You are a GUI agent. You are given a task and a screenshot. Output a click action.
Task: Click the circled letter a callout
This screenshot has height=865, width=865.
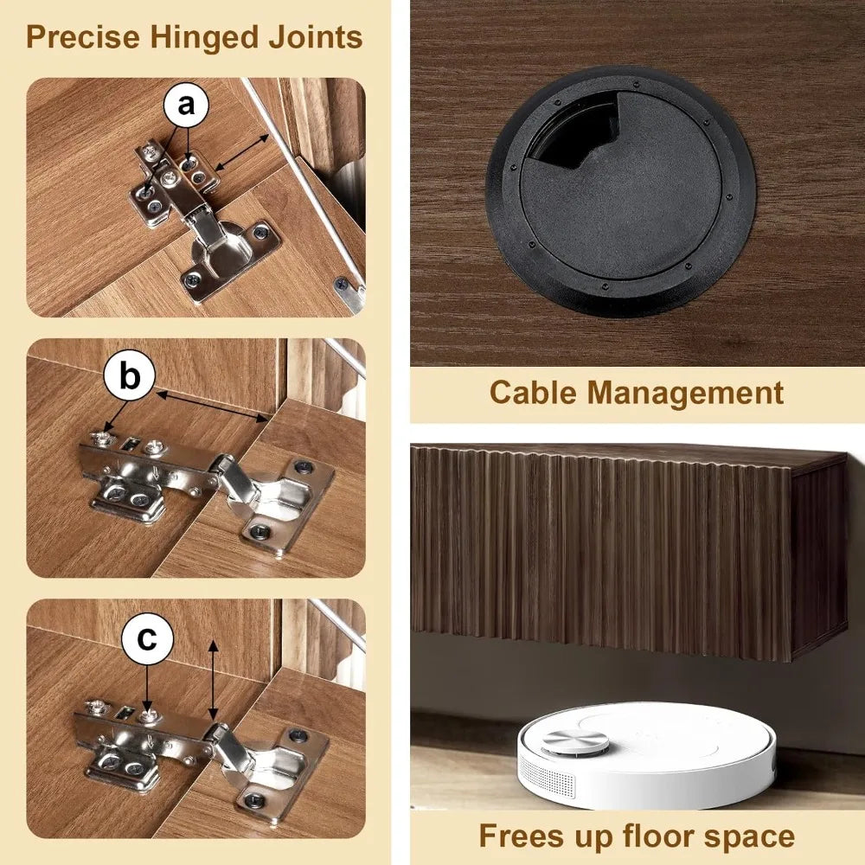(187, 105)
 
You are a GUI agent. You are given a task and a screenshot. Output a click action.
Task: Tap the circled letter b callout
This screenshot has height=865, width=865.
(130, 377)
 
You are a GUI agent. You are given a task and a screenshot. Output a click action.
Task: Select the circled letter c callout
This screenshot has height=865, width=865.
(147, 639)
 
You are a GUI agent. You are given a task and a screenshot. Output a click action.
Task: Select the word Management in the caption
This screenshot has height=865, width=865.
(685, 394)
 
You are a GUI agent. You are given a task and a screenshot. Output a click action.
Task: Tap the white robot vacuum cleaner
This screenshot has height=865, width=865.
(645, 756)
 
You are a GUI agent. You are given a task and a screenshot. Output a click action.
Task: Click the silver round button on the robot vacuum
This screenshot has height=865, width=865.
(575, 741)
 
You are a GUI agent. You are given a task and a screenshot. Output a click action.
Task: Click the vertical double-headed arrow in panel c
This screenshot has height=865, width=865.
(214, 680)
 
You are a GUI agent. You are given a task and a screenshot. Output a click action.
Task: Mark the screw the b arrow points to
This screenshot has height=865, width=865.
(100, 439)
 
